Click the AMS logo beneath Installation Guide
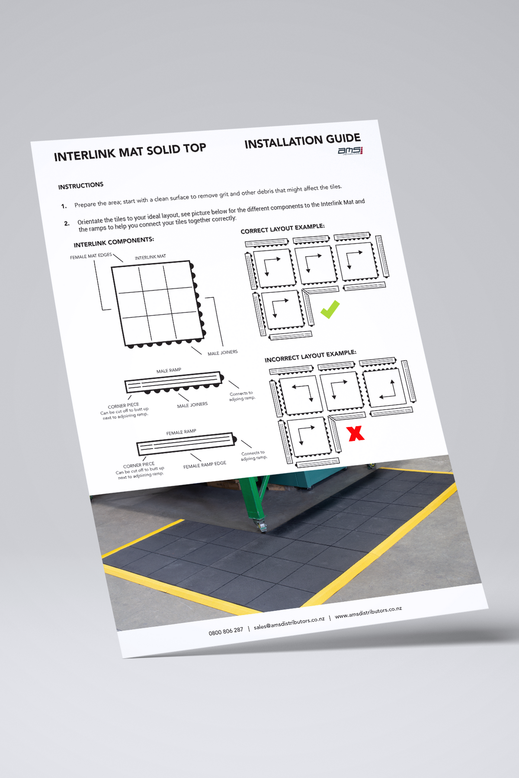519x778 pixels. (350, 150)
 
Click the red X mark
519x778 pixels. (356, 433)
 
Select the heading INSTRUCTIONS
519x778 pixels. (81, 185)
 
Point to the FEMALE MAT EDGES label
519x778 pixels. (91, 256)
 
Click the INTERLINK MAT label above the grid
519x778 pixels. (150, 257)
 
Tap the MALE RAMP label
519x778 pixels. (169, 370)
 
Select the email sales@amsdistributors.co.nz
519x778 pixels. (289, 623)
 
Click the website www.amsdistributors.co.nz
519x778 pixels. (368, 612)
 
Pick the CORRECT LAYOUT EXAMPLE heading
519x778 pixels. (282, 229)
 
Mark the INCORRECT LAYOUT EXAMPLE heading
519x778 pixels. (310, 356)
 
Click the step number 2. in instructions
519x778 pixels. (67, 223)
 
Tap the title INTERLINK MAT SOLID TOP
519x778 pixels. (130, 152)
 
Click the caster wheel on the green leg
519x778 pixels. (263, 527)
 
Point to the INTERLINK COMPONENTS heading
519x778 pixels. (114, 242)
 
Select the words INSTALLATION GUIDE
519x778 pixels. (302, 141)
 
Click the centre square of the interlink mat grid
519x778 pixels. (157, 303)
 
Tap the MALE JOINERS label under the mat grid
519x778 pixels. (222, 353)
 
